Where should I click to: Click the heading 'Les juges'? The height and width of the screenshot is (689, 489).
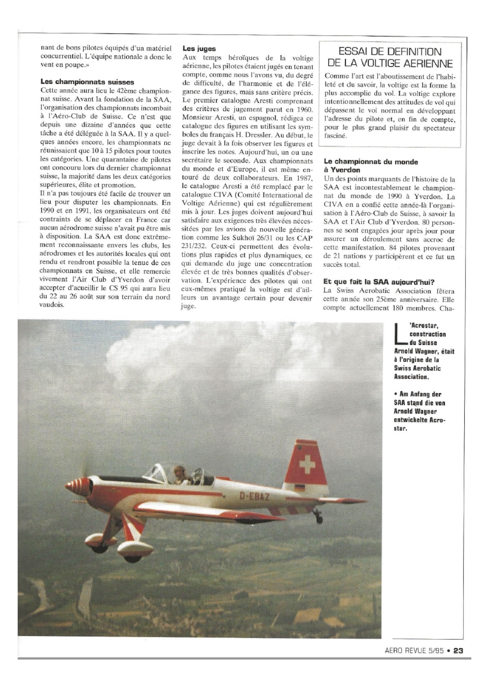coord(199,49)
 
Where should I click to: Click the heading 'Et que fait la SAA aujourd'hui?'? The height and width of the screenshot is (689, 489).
coord(379,281)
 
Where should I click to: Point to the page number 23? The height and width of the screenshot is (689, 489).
coord(458,651)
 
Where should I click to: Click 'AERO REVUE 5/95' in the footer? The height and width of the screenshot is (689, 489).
coord(414,651)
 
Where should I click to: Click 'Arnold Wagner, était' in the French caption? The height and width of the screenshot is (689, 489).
coord(424,351)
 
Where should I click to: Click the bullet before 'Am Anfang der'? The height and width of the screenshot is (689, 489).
coord(396,394)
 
